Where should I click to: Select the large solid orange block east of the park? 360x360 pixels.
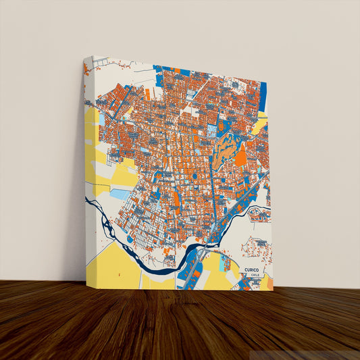(x=241, y=157)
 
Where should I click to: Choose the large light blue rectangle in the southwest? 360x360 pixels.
(x=120, y=194)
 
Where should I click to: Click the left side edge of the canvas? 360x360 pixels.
(x=84, y=169)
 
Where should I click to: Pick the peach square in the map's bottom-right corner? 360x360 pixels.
(x=269, y=283)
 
